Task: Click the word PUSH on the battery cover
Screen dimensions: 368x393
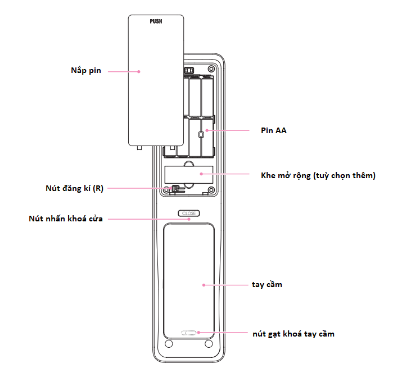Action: (156, 21)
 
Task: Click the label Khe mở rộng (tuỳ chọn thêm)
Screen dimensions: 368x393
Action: (318, 175)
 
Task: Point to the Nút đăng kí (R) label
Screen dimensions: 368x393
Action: (74, 189)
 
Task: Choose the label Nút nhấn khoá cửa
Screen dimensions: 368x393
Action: (66, 219)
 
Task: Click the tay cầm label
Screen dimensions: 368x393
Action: (267, 285)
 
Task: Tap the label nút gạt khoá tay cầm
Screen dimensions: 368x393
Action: (293, 334)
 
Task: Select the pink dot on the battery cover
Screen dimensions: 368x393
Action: (139, 71)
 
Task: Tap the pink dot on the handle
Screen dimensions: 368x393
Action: (202, 285)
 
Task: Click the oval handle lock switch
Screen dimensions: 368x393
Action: (189, 333)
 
